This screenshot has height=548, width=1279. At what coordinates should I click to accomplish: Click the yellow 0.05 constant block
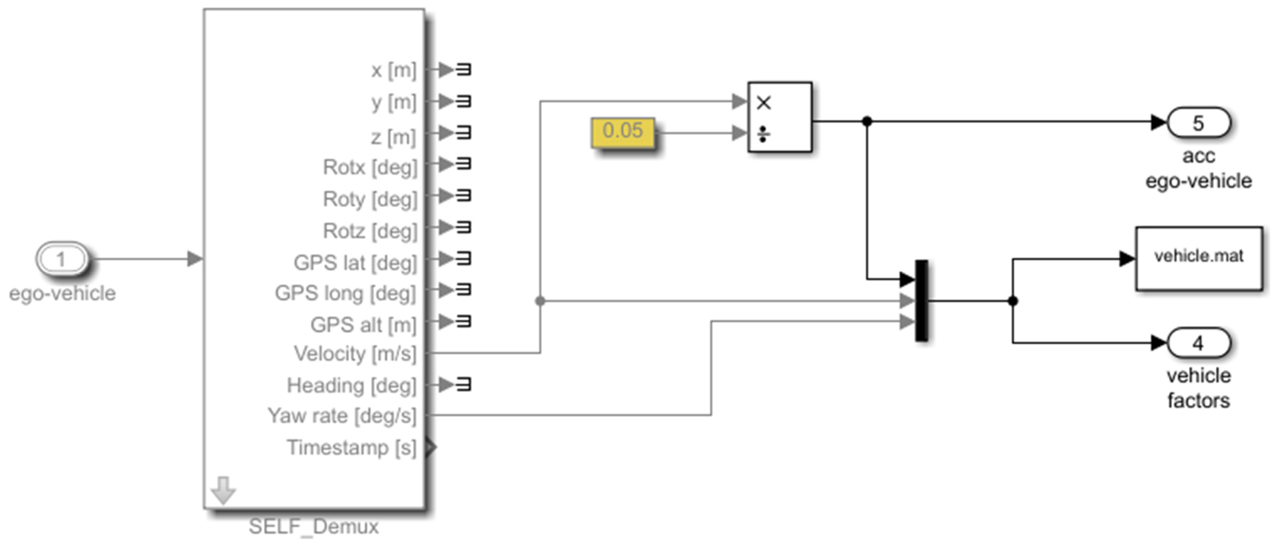pyautogui.click(x=623, y=132)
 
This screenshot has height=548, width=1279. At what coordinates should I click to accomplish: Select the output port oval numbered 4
pyautogui.click(x=1198, y=343)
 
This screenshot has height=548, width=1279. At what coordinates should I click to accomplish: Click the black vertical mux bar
pyautogui.click(x=921, y=301)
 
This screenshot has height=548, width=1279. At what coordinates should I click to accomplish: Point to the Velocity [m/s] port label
pyautogui.click(x=355, y=354)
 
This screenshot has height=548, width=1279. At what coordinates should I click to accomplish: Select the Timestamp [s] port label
pyautogui.click(x=352, y=448)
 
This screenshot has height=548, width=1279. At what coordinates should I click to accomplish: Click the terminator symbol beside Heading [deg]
pyautogui.click(x=463, y=384)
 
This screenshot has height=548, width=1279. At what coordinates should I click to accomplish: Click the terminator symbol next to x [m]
pyautogui.click(x=463, y=70)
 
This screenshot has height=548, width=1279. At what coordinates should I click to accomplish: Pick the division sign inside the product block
pyautogui.click(x=763, y=134)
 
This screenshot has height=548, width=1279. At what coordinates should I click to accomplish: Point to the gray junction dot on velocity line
pyautogui.click(x=540, y=301)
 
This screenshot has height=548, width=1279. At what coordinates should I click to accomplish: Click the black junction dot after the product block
pyautogui.click(x=867, y=121)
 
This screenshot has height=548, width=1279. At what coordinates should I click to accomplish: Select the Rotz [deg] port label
pyautogui.click(x=370, y=231)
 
